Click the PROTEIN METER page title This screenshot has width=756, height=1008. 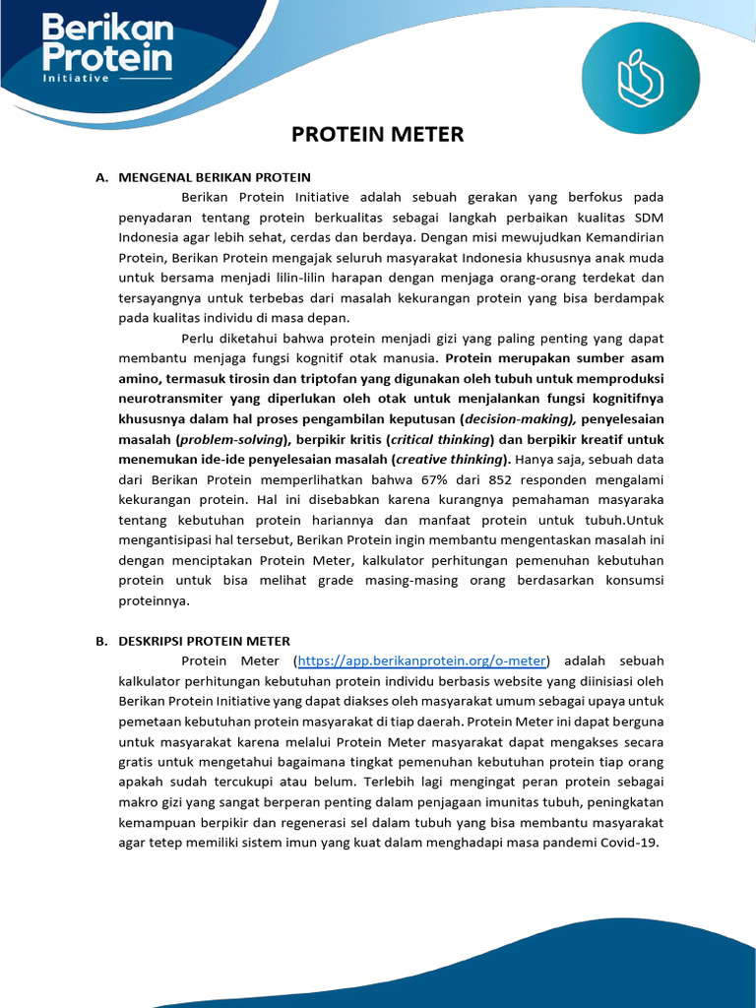[x=378, y=135]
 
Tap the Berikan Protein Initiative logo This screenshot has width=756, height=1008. [x=107, y=45]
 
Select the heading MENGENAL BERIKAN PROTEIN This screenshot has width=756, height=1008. [x=215, y=177]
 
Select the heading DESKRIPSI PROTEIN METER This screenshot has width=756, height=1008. [x=204, y=641]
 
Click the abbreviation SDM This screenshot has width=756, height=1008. [x=649, y=218]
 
